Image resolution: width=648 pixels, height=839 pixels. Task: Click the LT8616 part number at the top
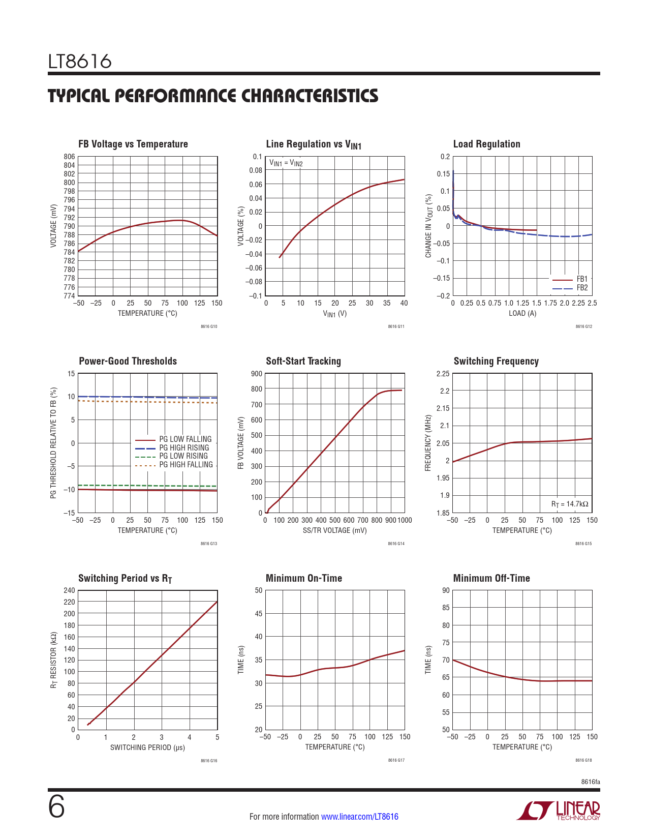80,62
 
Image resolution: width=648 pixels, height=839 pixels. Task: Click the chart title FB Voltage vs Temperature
133,144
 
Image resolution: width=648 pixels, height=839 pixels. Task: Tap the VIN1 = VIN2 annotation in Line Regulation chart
286,163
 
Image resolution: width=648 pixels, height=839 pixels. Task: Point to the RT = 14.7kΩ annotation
570,504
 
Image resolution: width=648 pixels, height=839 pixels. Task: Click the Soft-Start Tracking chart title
303,361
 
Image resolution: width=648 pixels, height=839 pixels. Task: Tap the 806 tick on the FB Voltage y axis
70,157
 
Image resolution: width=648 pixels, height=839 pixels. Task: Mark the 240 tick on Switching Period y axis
69,590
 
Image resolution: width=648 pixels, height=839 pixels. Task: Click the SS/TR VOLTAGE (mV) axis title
334,530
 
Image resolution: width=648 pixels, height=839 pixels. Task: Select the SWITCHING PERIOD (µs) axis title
147,747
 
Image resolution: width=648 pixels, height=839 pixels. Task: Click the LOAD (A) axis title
522,313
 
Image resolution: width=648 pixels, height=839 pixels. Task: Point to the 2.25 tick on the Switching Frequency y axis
443,374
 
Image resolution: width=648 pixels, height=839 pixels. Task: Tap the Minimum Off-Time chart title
491,578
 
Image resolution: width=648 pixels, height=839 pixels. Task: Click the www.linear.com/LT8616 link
360,817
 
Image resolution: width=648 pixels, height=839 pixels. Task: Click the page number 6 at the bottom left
56,807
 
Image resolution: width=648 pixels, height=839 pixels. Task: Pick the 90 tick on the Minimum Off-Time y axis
446,590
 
